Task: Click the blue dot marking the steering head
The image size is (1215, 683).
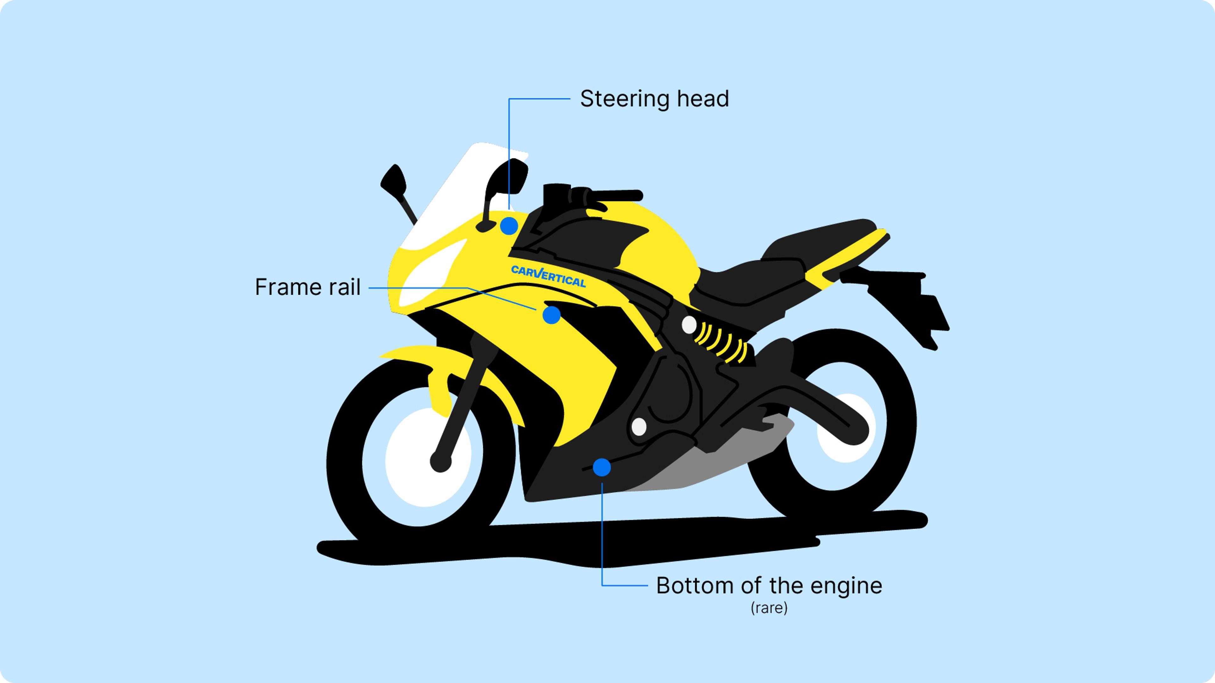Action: tap(509, 226)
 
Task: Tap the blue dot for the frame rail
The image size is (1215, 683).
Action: tap(551, 315)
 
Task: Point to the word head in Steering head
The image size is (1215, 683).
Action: tap(703, 99)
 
